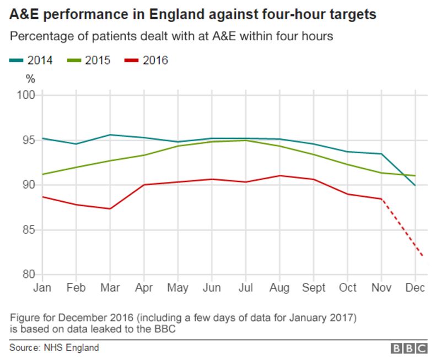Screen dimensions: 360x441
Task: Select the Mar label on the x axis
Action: point(110,288)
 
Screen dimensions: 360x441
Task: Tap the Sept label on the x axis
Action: point(314,288)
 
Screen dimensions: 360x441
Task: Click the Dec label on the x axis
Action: point(415,288)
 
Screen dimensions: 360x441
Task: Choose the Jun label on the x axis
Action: point(212,288)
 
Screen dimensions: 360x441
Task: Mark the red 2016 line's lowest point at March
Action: point(110,208)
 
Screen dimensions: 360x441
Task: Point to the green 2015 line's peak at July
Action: point(245,141)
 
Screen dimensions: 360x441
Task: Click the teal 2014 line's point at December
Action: point(415,186)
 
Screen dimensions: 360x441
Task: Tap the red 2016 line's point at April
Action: point(144,185)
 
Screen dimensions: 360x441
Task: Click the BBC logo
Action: point(410,348)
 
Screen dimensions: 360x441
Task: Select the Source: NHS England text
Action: point(54,347)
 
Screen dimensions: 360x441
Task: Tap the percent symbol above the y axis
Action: point(30,78)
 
